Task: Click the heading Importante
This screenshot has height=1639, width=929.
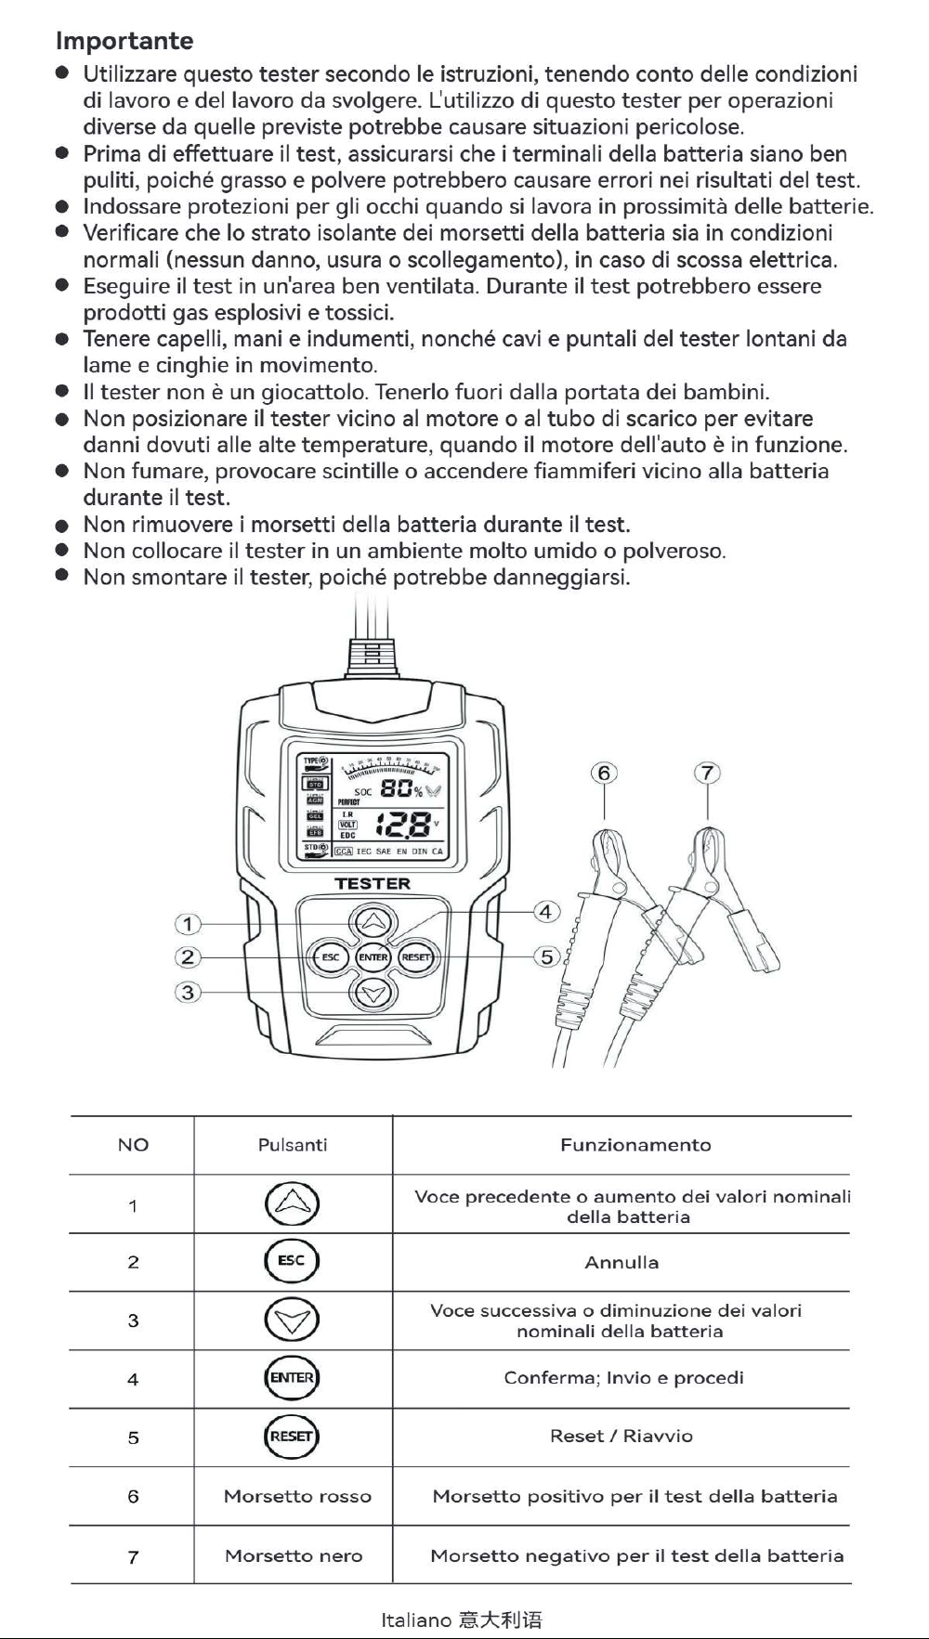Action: coord(124,41)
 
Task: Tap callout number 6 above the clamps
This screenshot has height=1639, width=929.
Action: coord(605,773)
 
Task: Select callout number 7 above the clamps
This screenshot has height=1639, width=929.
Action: coord(708,773)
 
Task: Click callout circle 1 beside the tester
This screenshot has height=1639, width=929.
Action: coord(188,924)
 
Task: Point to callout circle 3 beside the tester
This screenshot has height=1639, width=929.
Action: coord(188,992)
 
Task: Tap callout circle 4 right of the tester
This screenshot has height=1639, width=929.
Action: coord(546,911)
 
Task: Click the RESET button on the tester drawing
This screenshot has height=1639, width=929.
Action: coord(416,957)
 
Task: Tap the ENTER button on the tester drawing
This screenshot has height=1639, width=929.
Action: coord(373,957)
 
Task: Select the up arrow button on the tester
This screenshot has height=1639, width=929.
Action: coord(373,922)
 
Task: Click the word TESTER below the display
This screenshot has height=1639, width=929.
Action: coord(373,883)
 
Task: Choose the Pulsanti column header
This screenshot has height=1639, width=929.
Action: coord(293,1145)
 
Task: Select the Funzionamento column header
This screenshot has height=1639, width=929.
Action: coord(635,1145)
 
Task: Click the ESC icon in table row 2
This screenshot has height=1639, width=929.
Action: coord(292,1260)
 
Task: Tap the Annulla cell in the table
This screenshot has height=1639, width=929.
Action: coord(622,1262)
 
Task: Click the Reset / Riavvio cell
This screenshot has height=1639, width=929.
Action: coord(622,1436)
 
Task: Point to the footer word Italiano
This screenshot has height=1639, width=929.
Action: coord(416,1619)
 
